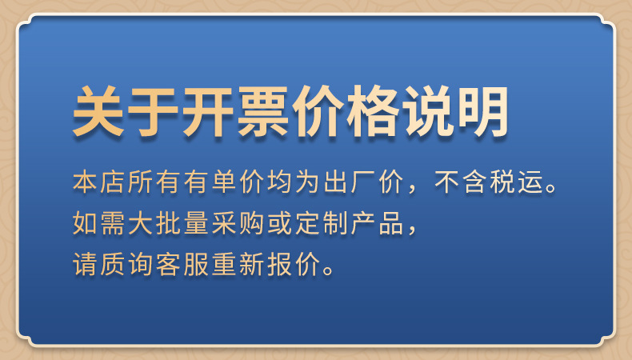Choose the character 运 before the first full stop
[522, 182]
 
